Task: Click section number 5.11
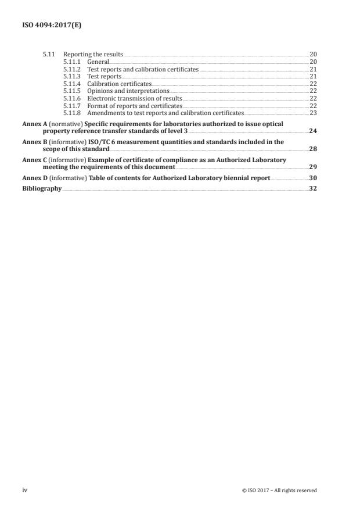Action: click(x=48, y=54)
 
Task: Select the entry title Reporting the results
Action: click(x=93, y=54)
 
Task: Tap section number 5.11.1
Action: click(x=73, y=62)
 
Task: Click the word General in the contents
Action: click(x=98, y=62)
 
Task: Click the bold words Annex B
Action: click(x=35, y=142)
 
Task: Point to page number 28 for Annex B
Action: click(x=313, y=149)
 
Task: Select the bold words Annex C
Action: click(x=35, y=159)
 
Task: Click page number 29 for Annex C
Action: click(x=313, y=167)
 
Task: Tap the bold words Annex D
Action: click(x=35, y=178)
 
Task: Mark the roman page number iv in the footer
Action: click(x=25, y=490)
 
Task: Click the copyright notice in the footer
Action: click(x=279, y=490)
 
